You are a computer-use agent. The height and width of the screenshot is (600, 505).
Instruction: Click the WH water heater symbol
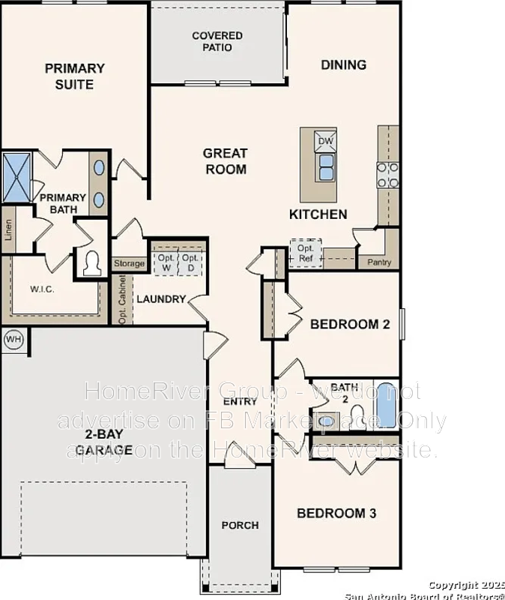(x=13, y=339)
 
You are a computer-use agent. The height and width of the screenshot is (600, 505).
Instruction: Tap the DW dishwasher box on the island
(x=325, y=141)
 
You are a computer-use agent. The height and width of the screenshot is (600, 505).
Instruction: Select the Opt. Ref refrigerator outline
(x=306, y=253)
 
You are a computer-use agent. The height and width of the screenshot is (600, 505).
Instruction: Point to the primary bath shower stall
(x=16, y=177)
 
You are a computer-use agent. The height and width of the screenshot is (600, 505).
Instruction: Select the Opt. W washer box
(x=165, y=262)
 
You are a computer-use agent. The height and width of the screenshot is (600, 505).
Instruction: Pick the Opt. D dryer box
(x=190, y=262)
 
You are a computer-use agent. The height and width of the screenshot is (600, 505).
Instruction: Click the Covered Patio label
(x=217, y=41)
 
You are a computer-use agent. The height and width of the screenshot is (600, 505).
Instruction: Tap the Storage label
(x=129, y=264)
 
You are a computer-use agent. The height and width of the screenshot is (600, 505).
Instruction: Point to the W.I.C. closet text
(x=43, y=288)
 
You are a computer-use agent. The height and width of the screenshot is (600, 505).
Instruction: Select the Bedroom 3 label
(x=336, y=514)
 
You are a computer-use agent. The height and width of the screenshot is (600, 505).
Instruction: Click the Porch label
(x=240, y=525)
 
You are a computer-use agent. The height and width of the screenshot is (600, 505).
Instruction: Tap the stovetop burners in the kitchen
(x=387, y=175)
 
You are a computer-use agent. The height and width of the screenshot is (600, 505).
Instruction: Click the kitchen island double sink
(x=326, y=167)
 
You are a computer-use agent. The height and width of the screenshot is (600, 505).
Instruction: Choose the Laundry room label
(x=160, y=299)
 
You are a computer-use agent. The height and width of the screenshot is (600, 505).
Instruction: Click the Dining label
(x=344, y=64)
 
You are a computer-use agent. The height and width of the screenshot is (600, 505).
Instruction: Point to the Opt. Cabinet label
(x=123, y=300)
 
